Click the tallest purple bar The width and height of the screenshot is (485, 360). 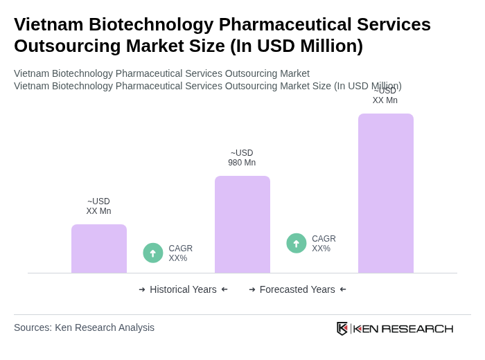click(385, 193)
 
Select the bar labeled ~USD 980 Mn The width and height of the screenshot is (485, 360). click(242, 224)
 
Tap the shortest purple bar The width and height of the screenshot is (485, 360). click(98, 249)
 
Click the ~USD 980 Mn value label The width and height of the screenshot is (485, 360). click(242, 158)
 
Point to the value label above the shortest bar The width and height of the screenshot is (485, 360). click(98, 206)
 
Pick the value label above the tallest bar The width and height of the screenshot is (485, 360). click(385, 96)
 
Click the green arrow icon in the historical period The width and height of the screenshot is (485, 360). click(153, 253)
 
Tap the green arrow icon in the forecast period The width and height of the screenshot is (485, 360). click(297, 244)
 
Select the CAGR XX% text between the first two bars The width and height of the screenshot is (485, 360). click(180, 253)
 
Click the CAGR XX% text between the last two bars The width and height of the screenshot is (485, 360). click(324, 244)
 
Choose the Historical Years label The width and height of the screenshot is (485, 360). click(183, 289)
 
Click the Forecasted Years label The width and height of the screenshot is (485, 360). click(297, 289)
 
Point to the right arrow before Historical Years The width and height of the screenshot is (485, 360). click(142, 289)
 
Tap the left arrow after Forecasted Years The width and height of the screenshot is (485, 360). click(343, 289)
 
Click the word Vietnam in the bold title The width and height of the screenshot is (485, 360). click(48, 24)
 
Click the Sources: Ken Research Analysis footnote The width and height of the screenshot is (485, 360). click(84, 327)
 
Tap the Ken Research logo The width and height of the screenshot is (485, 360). click(395, 328)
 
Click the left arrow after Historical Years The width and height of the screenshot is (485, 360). click(224, 289)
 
